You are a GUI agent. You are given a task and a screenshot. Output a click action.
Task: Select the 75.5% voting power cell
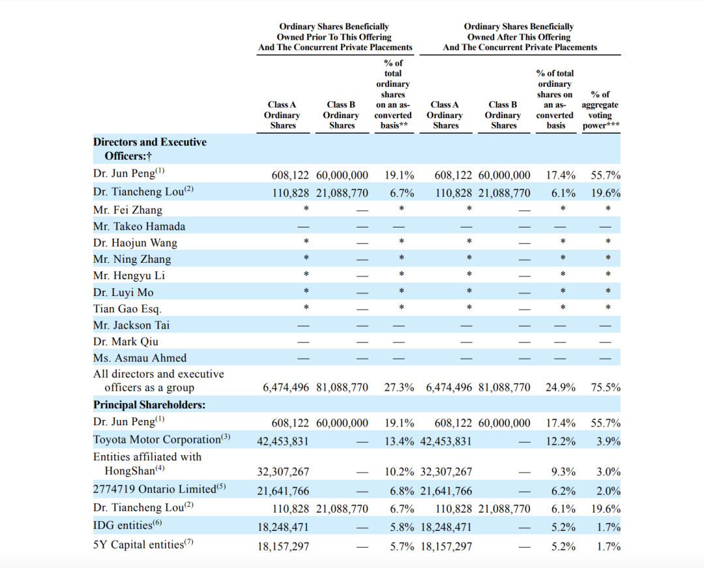pyautogui.click(x=606, y=387)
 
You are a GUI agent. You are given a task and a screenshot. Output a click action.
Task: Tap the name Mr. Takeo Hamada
pyautogui.click(x=139, y=226)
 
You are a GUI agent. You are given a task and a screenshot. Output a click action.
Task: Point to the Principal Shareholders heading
pyautogui.click(x=149, y=404)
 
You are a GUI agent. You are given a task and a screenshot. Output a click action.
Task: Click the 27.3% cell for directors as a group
pyautogui.click(x=399, y=387)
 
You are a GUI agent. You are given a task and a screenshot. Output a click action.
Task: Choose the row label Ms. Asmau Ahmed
pyautogui.click(x=139, y=358)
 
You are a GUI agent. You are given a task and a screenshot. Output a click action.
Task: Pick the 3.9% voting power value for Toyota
pyautogui.click(x=608, y=441)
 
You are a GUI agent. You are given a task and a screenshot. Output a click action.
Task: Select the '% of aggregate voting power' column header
pyautogui.click(x=601, y=110)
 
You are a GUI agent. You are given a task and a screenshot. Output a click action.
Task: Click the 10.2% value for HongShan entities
pyautogui.click(x=399, y=472)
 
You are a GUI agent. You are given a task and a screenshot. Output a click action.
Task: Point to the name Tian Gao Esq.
pyautogui.click(x=128, y=309)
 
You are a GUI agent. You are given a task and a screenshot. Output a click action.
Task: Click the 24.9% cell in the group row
pyautogui.click(x=561, y=387)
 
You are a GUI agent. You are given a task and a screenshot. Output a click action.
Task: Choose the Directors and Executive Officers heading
pyautogui.click(x=150, y=149)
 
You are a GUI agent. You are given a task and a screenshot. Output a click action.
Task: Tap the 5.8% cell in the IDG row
pyautogui.click(x=402, y=527)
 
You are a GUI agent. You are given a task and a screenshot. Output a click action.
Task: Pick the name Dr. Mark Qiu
pyautogui.click(x=126, y=342)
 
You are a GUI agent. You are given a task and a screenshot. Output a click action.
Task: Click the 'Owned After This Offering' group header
pyautogui.click(x=520, y=37)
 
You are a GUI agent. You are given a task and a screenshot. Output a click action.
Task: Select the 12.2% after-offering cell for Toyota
pyautogui.click(x=561, y=441)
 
